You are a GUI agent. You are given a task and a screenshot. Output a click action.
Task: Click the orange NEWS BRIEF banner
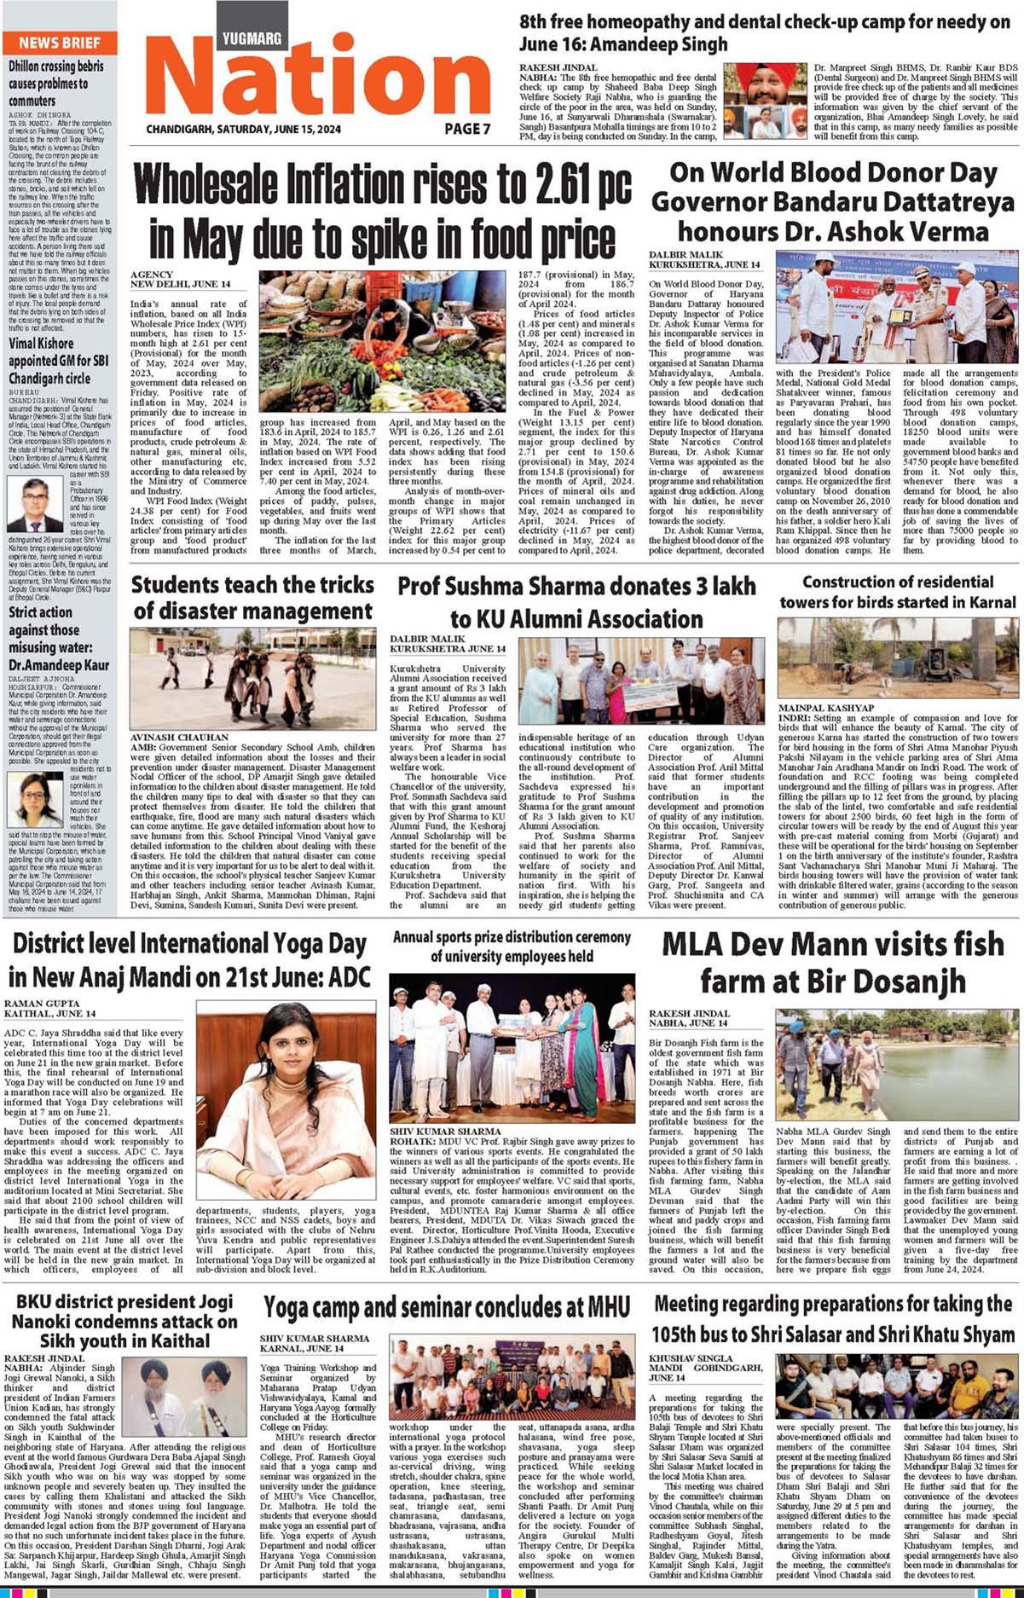pos(59,43)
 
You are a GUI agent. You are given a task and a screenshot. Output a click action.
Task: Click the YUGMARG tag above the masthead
pos(252,38)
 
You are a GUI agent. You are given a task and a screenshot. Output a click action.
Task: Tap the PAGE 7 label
pos(467,129)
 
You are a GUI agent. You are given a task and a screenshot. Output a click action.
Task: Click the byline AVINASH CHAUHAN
pos(179,737)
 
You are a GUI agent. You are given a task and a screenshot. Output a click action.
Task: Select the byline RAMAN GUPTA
pos(42,1004)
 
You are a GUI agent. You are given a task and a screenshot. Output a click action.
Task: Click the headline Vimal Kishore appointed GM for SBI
pos(59,361)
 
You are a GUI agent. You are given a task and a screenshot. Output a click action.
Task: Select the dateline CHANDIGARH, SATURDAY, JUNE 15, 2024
pos(243,129)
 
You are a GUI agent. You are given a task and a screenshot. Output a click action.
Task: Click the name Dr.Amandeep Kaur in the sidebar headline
pos(59,664)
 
